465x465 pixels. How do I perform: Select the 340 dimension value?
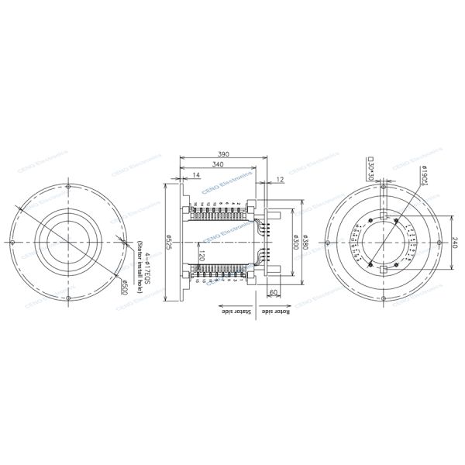click(219, 165)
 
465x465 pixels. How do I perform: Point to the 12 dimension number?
click(279, 179)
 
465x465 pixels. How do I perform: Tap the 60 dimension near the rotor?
click(274, 292)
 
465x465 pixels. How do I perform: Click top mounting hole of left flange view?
click(69, 187)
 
